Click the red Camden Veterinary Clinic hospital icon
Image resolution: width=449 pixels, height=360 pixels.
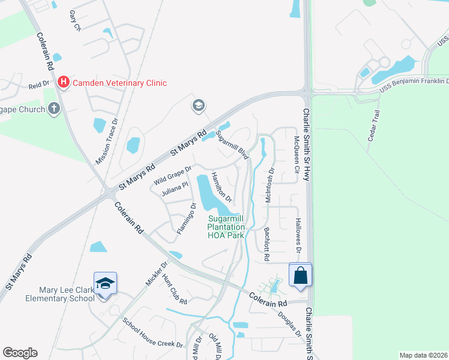(x=63, y=82)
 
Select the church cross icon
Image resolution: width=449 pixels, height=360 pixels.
(x=54, y=109)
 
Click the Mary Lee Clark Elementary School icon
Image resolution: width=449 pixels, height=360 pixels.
(x=105, y=283)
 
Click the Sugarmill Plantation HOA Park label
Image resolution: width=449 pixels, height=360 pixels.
(x=226, y=227)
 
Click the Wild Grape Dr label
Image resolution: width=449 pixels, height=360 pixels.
(x=172, y=176)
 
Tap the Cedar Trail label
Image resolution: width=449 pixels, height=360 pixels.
(x=375, y=124)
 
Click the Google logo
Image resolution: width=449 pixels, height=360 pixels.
(x=20, y=353)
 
